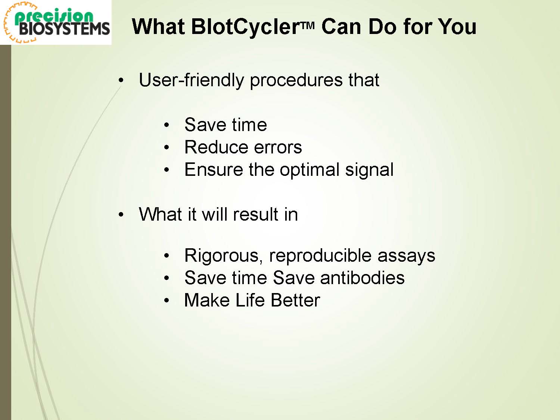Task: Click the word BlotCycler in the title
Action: point(245,27)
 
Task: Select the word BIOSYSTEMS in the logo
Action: point(64,29)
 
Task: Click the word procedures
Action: point(296,81)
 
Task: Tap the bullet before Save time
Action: point(167,125)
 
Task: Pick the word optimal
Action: point(309,170)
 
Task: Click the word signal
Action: point(369,170)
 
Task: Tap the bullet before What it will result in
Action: point(121,214)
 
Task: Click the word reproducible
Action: point(320,256)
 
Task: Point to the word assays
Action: point(407,257)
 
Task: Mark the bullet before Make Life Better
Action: point(167,301)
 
